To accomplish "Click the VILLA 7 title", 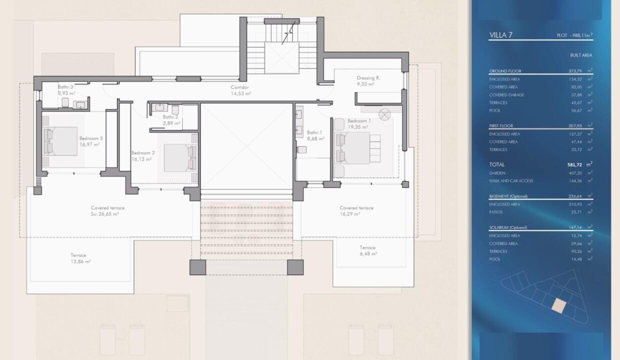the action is click(500, 35).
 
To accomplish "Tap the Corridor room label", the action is click(239, 87).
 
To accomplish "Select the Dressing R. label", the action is click(368, 78).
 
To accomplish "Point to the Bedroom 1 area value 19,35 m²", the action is click(358, 127).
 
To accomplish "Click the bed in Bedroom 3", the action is click(60, 141).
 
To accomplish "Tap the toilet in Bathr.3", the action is click(65, 102).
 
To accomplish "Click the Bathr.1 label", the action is click(314, 132).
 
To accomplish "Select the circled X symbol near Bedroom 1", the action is click(384, 114).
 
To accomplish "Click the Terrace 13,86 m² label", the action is click(80, 258).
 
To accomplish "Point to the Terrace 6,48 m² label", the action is click(368, 250).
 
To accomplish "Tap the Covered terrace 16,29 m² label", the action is click(356, 210).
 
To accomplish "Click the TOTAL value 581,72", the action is click(574, 164).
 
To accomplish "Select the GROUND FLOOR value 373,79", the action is click(575, 71).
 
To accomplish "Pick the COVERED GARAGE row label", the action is click(506, 95).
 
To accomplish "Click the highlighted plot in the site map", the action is click(559, 306).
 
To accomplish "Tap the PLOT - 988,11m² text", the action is click(574, 35).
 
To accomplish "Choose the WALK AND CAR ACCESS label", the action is click(511, 181).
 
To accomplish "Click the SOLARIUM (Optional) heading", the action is click(508, 227).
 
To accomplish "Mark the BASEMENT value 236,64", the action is click(575, 196).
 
